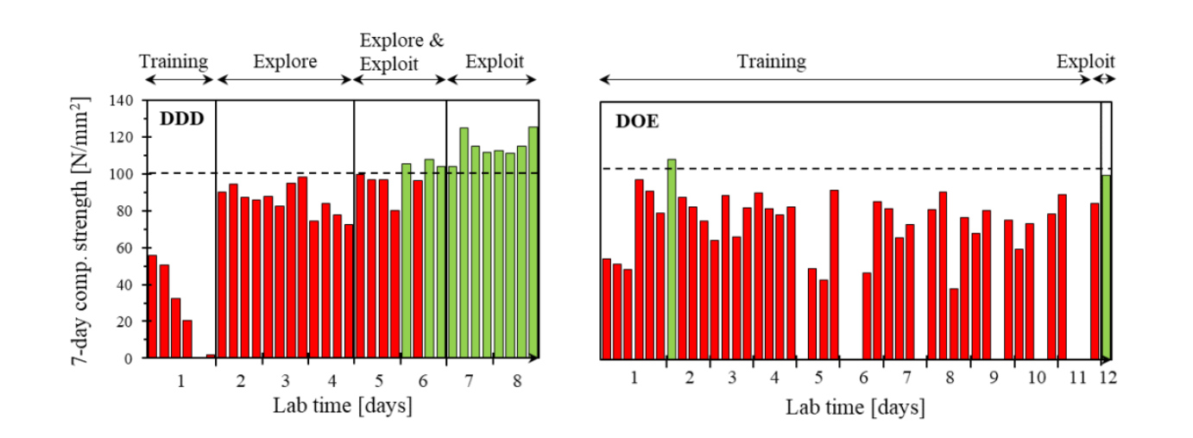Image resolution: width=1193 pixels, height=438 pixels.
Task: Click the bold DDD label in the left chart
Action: (x=181, y=119)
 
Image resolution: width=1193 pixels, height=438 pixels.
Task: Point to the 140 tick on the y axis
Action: (x=122, y=100)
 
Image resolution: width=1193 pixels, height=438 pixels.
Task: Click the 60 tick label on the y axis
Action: (x=126, y=247)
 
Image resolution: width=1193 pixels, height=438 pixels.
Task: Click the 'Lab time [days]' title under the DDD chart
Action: (x=342, y=405)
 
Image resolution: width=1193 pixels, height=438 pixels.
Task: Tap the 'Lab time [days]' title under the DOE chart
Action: (x=855, y=406)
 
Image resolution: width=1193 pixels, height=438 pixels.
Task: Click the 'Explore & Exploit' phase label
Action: (x=401, y=52)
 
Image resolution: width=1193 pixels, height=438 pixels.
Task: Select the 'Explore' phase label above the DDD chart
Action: (x=285, y=62)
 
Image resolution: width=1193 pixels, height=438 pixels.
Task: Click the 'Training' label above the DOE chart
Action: (x=771, y=62)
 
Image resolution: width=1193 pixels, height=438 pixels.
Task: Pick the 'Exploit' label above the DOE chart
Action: (x=1085, y=62)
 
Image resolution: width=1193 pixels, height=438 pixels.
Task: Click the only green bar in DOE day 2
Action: (x=672, y=259)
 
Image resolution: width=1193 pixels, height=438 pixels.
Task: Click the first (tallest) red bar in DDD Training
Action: (x=153, y=306)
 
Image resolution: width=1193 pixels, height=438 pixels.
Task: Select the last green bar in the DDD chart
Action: (x=533, y=242)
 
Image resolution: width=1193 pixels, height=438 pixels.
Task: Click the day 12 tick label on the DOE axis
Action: (x=1108, y=379)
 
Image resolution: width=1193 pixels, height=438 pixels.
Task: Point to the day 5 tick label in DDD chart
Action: (x=380, y=380)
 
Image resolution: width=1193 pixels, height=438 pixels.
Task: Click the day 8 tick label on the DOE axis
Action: (x=949, y=379)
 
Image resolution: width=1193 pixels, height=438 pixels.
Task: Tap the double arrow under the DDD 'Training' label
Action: (x=179, y=79)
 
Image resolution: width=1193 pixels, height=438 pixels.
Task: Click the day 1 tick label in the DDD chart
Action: (x=180, y=380)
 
